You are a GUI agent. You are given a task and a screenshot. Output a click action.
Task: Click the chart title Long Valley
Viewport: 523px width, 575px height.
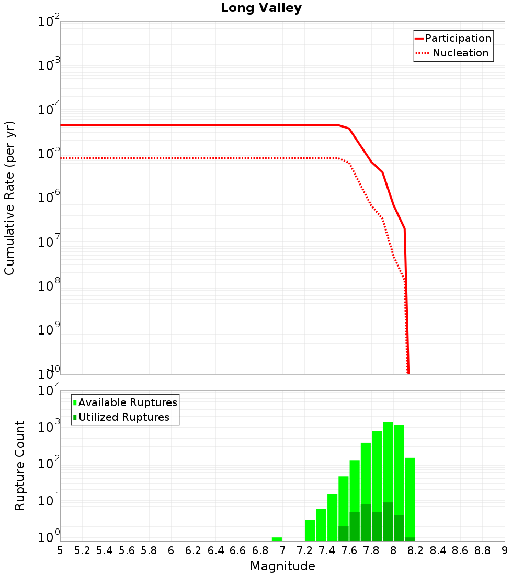pyautogui.click(x=261, y=8)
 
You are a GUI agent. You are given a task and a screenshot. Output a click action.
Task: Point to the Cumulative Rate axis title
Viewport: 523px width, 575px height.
pyautogui.click(x=9, y=198)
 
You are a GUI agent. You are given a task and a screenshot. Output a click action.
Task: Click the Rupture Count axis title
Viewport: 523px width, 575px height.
pyautogui.click(x=20, y=466)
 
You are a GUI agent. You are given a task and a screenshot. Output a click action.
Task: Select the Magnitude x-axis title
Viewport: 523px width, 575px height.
pyautogui.click(x=282, y=566)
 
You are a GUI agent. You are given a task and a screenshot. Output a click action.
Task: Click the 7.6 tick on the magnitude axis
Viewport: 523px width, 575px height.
pyautogui.click(x=349, y=550)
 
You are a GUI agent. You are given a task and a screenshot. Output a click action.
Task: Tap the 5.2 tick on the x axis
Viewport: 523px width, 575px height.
pyautogui.click(x=82, y=550)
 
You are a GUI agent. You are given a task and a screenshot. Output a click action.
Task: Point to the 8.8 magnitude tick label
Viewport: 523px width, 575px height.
pyautogui.click(x=482, y=550)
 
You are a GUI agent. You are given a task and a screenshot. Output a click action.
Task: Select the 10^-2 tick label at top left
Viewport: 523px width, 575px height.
pyautogui.click(x=49, y=22)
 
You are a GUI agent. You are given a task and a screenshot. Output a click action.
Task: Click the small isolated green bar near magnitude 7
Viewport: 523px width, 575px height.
pyautogui.click(x=277, y=539)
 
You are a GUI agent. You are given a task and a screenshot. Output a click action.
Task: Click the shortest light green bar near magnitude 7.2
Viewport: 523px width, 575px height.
pyautogui.click(x=310, y=530)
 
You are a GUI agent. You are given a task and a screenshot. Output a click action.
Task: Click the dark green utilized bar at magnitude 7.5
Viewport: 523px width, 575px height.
pyautogui.click(x=344, y=533)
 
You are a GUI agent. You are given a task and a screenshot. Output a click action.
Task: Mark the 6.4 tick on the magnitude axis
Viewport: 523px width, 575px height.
pyautogui.click(x=215, y=550)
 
